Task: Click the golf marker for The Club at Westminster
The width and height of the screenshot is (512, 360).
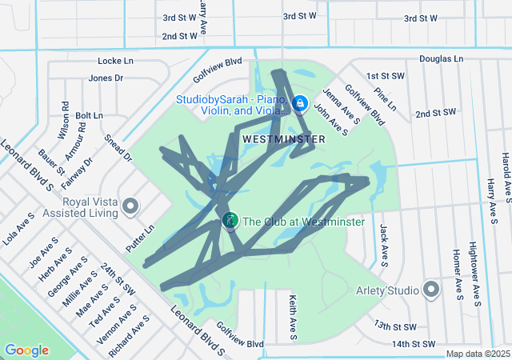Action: click(230, 220)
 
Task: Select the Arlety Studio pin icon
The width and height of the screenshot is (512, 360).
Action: click(432, 289)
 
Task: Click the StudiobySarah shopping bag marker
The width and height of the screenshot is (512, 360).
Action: click(300, 103)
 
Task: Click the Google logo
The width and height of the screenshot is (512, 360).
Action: click(26, 350)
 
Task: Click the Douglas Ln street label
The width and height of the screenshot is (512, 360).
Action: click(441, 59)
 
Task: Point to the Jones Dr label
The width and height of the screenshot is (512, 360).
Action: click(106, 78)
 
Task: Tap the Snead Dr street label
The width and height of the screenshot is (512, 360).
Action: click(118, 147)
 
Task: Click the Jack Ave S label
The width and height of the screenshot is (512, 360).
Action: click(384, 245)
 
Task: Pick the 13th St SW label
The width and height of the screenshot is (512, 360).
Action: click(395, 326)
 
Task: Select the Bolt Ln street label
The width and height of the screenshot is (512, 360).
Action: click(90, 116)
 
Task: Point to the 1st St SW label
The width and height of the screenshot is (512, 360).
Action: click(386, 76)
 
